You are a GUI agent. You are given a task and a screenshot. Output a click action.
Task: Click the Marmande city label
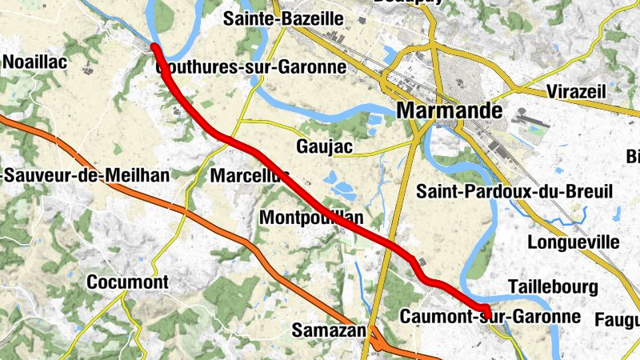tap(449, 110)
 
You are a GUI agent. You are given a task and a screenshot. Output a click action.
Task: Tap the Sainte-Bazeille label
tap(284, 18)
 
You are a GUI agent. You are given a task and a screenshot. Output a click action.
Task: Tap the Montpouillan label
tap(312, 218)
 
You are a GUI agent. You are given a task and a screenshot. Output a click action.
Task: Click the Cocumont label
tap(127, 282)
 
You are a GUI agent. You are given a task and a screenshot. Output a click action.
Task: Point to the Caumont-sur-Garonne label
tap(490, 317)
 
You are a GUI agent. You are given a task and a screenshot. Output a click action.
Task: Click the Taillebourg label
tap(553, 287)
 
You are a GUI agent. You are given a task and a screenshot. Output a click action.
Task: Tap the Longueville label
tap(574, 242)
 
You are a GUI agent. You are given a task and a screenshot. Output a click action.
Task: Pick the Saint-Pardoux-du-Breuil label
tap(514, 192)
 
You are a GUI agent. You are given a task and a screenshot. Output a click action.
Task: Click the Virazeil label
tap(579, 90)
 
